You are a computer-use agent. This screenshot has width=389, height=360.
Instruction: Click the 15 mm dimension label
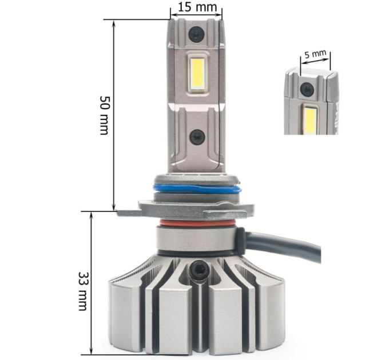[197, 7]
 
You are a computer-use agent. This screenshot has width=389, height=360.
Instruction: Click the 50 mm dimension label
[104, 115]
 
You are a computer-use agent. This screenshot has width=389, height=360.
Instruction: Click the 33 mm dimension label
[83, 291]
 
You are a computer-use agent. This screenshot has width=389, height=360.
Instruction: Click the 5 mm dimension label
[315, 54]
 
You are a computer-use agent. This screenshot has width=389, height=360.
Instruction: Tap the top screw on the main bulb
[196, 34]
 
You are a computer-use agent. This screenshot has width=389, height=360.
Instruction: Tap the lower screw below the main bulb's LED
[197, 138]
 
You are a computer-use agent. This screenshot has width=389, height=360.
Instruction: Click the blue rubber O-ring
[197, 189]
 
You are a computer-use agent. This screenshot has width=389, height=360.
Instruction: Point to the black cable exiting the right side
[283, 243]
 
